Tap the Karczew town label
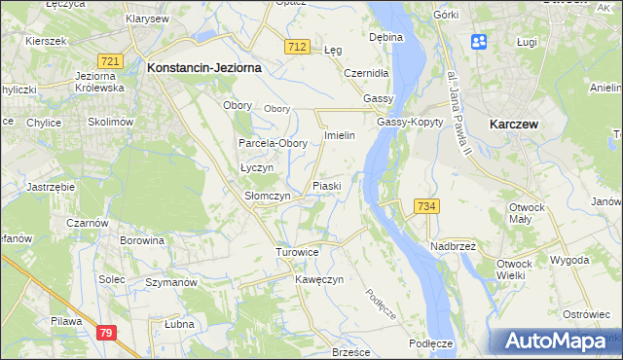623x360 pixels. click(x=516, y=125)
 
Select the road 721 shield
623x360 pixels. click(x=110, y=61)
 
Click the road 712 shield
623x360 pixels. click(x=298, y=47)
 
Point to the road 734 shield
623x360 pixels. click(x=426, y=206)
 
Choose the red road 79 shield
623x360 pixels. click(x=108, y=333)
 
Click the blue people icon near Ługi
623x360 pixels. click(x=479, y=42)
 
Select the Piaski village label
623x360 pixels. click(x=325, y=185)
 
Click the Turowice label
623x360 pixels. click(x=297, y=252)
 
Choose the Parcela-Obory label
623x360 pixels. click(x=274, y=143)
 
